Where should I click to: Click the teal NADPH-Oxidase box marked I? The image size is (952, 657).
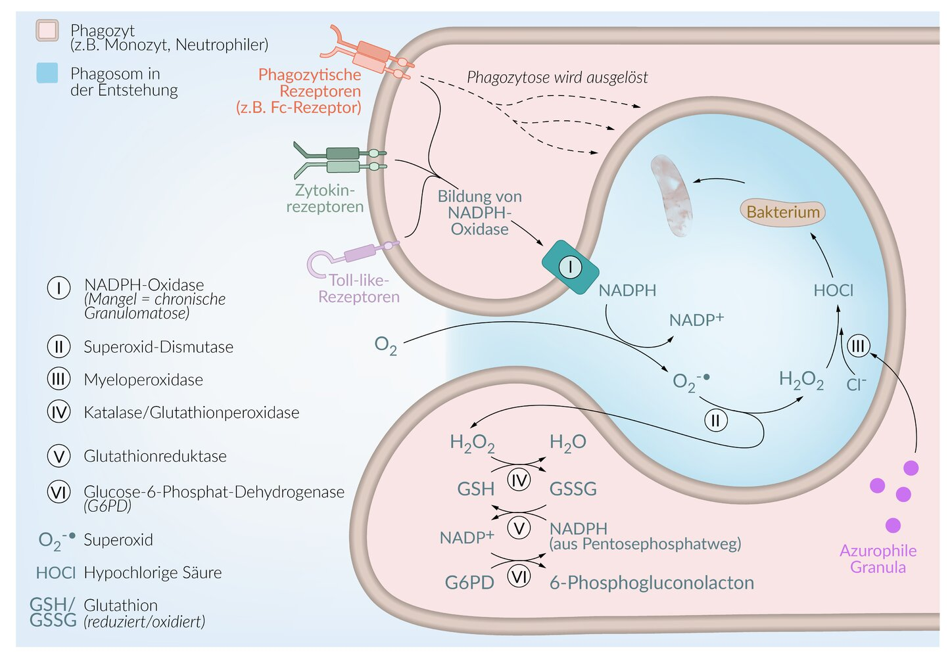click(x=570, y=267)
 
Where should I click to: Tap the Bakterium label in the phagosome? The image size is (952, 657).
click(x=782, y=212)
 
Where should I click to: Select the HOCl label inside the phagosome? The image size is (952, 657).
click(x=833, y=290)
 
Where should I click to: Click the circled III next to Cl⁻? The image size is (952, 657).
click(x=858, y=346)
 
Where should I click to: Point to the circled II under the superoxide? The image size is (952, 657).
click(x=716, y=420)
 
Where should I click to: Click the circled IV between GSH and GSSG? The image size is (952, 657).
click(x=519, y=481)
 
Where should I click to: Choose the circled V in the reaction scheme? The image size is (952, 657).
click(x=519, y=528)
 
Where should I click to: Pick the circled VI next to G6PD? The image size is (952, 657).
click(x=519, y=578)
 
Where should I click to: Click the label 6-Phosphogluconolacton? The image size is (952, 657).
click(x=651, y=583)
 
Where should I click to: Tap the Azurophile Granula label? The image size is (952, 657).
click(x=878, y=559)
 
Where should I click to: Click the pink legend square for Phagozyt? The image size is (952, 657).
click(x=47, y=31)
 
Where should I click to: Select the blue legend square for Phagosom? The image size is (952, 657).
click(x=47, y=73)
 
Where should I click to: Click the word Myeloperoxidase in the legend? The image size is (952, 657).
click(x=143, y=380)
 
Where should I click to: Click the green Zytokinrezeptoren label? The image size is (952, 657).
click(x=325, y=198)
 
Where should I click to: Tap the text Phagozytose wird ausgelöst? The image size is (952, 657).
click(x=557, y=78)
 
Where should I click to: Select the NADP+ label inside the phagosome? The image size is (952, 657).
click(x=696, y=320)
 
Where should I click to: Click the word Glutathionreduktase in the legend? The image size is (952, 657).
click(x=155, y=456)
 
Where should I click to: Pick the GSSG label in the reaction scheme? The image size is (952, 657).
click(x=573, y=489)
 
